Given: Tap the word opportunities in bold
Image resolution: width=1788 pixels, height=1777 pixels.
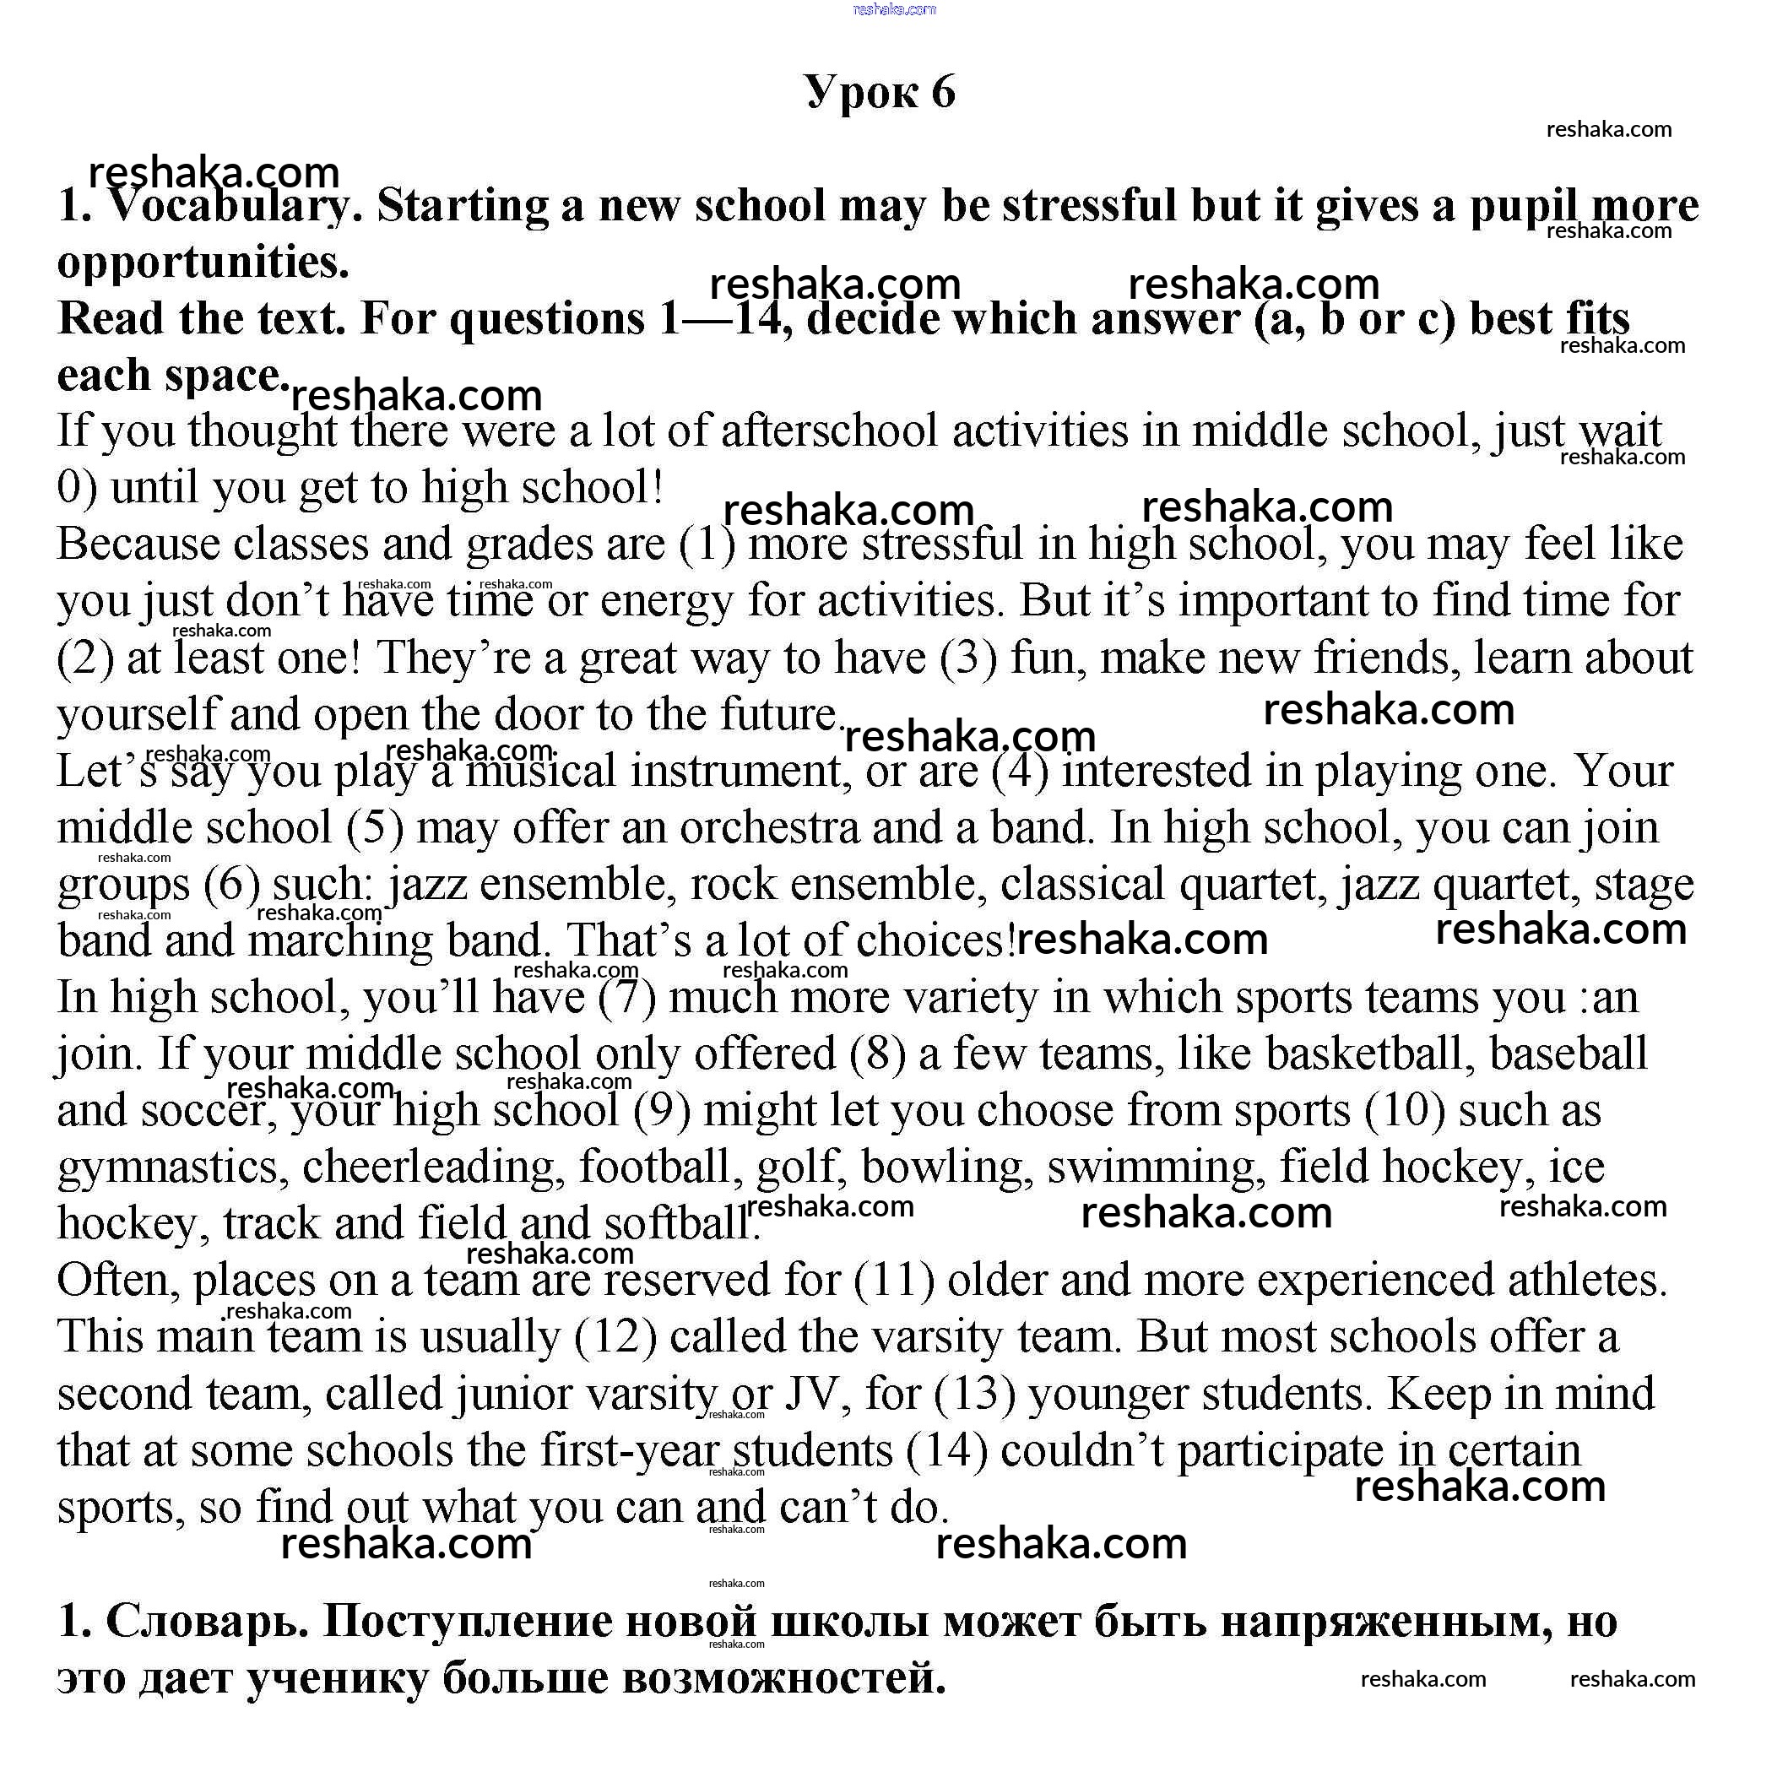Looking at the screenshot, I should (203, 262).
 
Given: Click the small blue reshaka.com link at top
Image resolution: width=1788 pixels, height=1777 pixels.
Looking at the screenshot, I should (894, 9).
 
